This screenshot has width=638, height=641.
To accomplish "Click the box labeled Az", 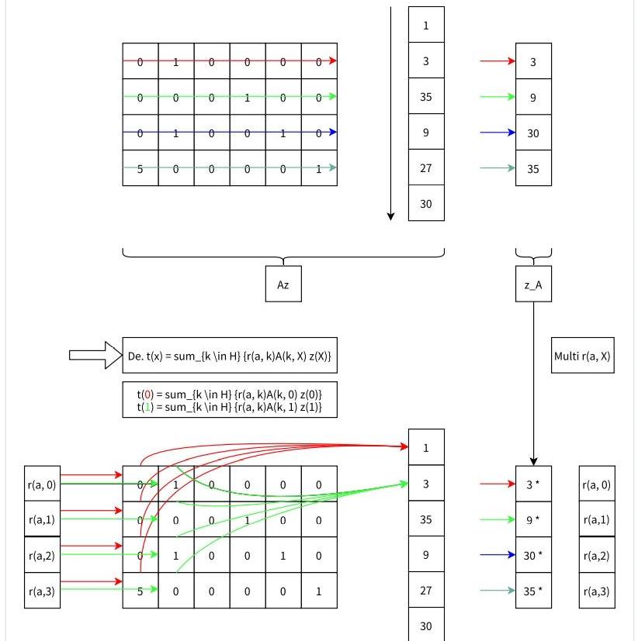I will pyautogui.click(x=283, y=284).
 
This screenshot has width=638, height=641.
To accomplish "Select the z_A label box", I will pyautogui.click(x=533, y=284).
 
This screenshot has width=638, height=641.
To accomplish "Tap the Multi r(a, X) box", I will pyautogui.click(x=582, y=356).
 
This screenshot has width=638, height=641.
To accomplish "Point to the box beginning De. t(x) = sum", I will pyautogui.click(x=230, y=356).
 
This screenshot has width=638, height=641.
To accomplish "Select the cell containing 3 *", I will pyautogui.click(x=533, y=484).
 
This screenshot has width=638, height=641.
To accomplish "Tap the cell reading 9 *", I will pyautogui.click(x=533, y=520).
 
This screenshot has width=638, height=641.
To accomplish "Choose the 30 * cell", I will pyautogui.click(x=533, y=556).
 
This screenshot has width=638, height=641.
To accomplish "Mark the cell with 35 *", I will pyautogui.click(x=533, y=591).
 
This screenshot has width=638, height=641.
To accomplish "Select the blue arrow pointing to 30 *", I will pyautogui.click(x=498, y=555).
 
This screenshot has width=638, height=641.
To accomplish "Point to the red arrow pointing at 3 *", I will pyautogui.click(x=498, y=484).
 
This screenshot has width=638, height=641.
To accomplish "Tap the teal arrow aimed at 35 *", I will pyautogui.click(x=498, y=591).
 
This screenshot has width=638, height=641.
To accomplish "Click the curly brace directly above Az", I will pyautogui.click(x=283, y=256).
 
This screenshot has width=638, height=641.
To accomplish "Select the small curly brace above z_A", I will pyautogui.click(x=533, y=254).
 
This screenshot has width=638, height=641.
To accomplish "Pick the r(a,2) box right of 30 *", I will pyautogui.click(x=597, y=556).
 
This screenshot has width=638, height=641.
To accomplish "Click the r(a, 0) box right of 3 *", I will pyautogui.click(x=597, y=484).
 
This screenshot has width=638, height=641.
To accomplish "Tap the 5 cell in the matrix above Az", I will pyautogui.click(x=140, y=169).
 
